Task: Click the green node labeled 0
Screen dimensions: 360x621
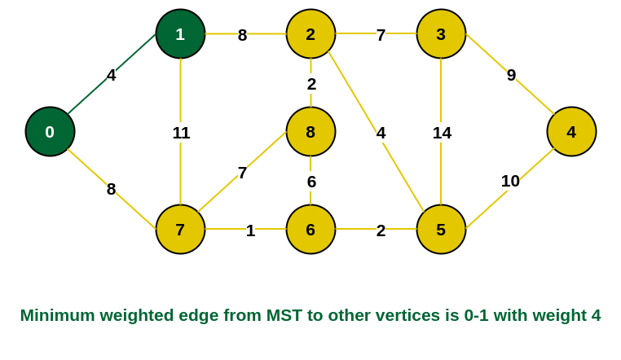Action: coord(50,131)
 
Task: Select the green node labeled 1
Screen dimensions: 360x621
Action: coord(180,34)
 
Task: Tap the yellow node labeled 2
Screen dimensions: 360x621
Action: coord(310,34)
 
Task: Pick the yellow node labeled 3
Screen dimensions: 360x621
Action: coord(441,34)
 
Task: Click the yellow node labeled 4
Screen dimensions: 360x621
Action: coord(571,131)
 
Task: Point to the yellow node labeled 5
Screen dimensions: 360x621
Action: coord(441,229)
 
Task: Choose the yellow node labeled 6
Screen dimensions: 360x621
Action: coord(310,229)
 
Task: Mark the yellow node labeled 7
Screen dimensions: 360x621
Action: coord(180,229)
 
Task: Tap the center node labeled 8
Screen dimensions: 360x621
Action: coord(310,131)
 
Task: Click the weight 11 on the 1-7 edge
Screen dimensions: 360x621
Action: coord(181,133)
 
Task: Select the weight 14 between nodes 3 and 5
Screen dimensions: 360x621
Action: coord(442,133)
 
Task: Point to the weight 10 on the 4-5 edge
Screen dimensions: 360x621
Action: coord(510,181)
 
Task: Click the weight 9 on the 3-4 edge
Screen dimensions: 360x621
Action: coord(511,75)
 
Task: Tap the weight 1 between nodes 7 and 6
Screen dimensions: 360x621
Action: coord(250,230)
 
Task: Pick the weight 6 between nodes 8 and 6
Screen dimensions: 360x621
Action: coord(311,182)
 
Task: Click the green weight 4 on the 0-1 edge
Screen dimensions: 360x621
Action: coord(111,75)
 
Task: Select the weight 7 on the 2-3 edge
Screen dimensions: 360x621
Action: coord(381,35)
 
